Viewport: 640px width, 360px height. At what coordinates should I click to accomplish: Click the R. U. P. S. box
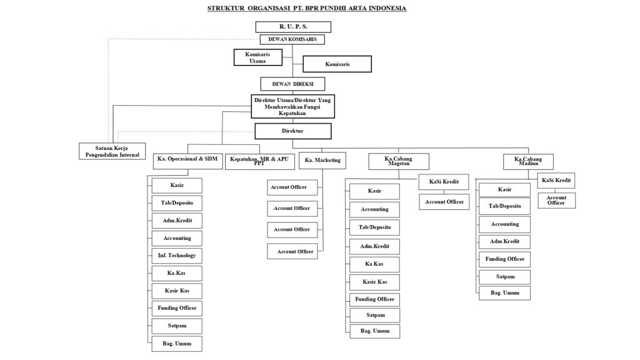pos(293,27)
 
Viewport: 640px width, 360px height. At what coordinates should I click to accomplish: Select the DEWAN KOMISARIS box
pos(292,39)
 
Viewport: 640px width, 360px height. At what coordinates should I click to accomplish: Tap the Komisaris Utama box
pos(258,57)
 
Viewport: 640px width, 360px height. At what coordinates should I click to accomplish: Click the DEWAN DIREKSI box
pos(292,84)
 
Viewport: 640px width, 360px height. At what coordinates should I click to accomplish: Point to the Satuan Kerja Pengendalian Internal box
pos(112,151)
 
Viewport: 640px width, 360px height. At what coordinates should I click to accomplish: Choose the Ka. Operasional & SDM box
pos(187,161)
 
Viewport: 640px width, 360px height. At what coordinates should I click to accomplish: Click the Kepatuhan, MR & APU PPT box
pos(259,162)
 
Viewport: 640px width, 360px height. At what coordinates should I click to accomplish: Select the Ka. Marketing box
pos(322,161)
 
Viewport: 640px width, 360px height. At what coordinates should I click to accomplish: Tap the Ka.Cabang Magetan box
pos(399,161)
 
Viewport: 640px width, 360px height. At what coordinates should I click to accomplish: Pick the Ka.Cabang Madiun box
pos(528,162)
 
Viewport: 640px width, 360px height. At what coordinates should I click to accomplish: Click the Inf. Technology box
pos(177,256)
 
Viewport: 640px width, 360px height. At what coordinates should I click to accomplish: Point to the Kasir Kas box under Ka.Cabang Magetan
pos(374,282)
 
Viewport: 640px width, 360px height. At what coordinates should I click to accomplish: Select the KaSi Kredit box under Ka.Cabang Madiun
pos(556,181)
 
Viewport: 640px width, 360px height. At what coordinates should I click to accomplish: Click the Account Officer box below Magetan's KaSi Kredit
pos(444,202)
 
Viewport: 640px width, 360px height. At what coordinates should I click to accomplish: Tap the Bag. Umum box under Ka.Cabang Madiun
pos(504,293)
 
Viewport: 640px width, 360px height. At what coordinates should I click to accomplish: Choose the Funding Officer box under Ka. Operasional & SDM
pos(177,308)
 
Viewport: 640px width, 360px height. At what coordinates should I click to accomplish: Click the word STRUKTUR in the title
pos(226,8)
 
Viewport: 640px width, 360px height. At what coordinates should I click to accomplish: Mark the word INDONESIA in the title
pos(387,8)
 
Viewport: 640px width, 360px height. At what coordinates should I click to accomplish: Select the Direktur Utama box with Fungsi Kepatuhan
pos(292,106)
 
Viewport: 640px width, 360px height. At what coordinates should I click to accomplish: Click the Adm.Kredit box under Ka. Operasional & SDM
pos(177,221)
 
